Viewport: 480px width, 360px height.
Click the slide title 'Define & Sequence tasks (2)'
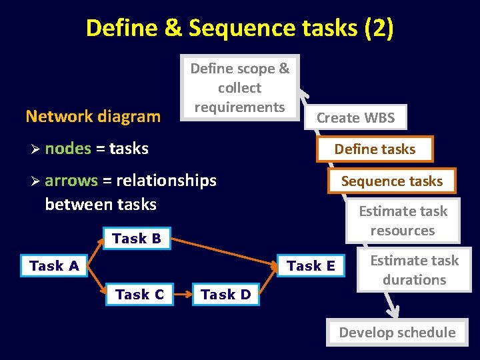[x=240, y=28]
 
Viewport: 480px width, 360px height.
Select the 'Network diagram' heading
[x=93, y=117]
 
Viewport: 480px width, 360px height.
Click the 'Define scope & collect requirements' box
[x=240, y=87]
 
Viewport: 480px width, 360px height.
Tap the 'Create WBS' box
[x=355, y=118]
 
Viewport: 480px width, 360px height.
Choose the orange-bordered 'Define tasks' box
[x=375, y=149]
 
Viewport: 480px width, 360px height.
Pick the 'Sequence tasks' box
[x=391, y=181]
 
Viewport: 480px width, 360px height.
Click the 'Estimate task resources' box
[x=403, y=221]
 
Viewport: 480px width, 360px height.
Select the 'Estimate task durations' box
[x=414, y=270]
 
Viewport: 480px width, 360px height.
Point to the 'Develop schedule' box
[x=397, y=332]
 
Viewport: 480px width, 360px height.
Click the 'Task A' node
[x=54, y=266]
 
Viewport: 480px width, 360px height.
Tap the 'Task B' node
[x=137, y=239]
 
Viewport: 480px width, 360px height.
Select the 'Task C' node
[x=140, y=294]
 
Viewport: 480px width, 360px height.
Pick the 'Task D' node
[x=226, y=294]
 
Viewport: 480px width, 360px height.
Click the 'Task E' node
[x=311, y=266]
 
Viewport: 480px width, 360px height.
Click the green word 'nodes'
[x=68, y=149]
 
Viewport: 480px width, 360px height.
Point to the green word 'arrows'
[x=71, y=181]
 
